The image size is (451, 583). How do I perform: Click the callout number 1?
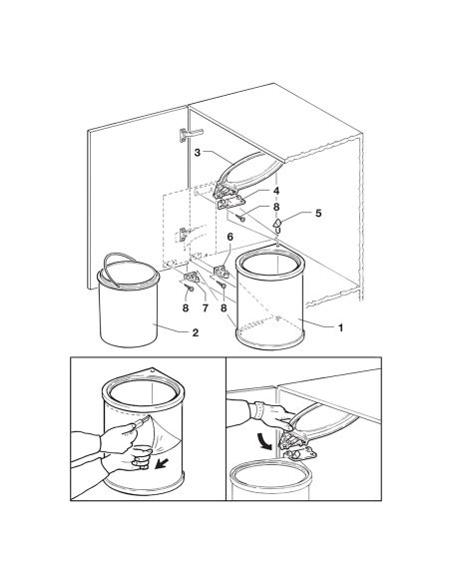(340, 327)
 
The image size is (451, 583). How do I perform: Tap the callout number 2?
(196, 332)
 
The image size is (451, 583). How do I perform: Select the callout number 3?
(198, 152)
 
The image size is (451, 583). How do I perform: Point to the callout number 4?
(276, 191)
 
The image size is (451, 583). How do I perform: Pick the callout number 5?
(318, 214)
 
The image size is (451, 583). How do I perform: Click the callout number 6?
(229, 237)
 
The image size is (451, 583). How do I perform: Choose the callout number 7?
(205, 308)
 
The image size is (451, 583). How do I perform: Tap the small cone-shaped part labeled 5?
(277, 226)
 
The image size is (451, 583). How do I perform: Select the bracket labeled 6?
(224, 272)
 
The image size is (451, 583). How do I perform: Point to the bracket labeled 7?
(192, 277)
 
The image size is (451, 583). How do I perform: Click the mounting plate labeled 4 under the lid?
(231, 203)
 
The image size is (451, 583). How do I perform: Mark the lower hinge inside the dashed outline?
(185, 235)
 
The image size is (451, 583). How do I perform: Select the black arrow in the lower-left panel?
(161, 464)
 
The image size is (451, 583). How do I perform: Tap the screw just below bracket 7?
(191, 288)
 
